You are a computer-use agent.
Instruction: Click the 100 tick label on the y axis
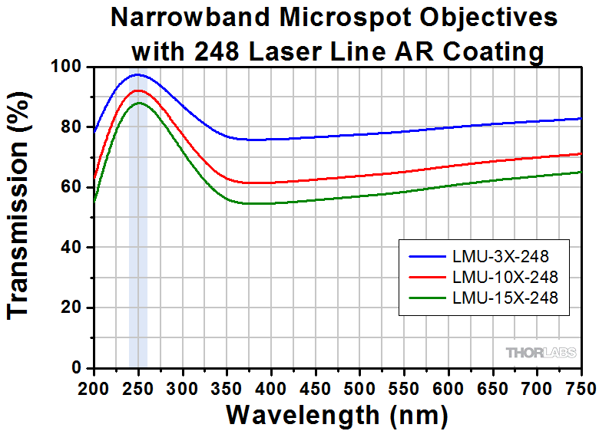tap(68, 67)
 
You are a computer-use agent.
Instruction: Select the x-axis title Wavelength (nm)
tap(336, 415)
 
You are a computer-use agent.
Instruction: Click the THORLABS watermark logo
tap(540, 353)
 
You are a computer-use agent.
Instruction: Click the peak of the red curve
tap(138, 90)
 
